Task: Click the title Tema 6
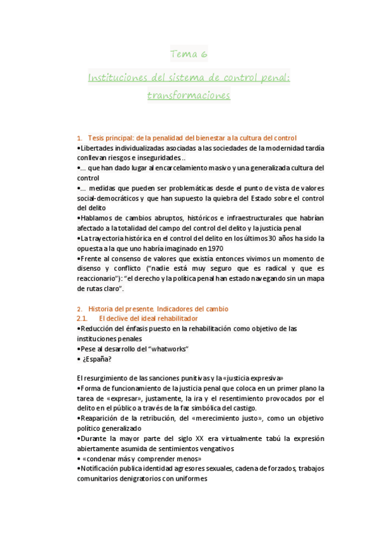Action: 189,54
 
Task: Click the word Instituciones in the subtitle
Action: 115,78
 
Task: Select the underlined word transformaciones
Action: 189,96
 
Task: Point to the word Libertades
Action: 97,148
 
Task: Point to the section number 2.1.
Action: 83,319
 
